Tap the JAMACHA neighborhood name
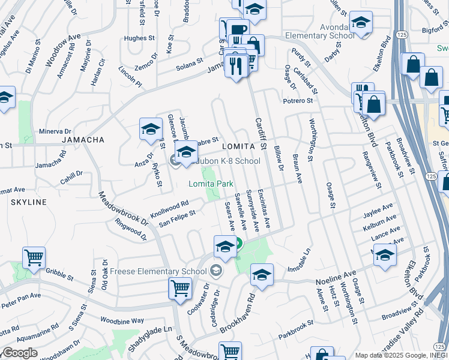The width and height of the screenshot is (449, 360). (83, 140)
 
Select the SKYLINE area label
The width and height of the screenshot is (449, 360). (28, 202)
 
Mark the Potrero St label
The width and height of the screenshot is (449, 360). (298, 101)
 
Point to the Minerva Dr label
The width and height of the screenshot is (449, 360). (55, 131)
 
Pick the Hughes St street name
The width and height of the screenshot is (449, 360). (139, 38)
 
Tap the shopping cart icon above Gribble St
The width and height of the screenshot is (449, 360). (34, 257)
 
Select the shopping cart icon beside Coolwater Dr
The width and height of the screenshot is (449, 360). (180, 288)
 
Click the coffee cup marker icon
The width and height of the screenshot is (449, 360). (238, 29)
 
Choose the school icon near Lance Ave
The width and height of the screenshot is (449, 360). (385, 254)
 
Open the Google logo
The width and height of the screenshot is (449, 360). (20, 352)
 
